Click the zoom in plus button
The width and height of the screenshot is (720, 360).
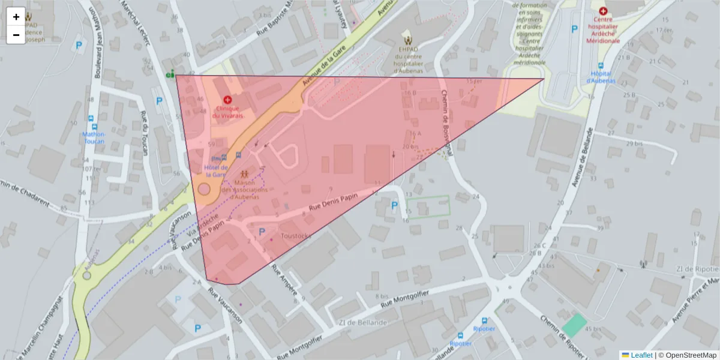[16, 17]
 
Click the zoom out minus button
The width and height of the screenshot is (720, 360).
[16, 35]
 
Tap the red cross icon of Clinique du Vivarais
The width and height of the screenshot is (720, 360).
[227, 100]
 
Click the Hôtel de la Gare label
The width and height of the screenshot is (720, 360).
[216, 170]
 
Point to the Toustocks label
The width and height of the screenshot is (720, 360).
[296, 236]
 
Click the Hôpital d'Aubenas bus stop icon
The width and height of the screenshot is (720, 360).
[601, 67]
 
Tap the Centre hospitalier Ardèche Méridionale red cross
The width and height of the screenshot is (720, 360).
[603, 11]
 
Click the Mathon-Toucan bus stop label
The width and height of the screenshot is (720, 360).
[94, 137]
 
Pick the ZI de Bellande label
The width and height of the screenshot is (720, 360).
[362, 322]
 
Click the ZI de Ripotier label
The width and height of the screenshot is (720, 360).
[696, 268]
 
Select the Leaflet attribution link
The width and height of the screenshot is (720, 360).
[641, 355]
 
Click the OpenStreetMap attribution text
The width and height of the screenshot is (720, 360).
[687, 355]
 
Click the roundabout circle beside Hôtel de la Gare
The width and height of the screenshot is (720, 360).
[204, 189]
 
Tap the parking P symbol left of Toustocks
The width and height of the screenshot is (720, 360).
[262, 231]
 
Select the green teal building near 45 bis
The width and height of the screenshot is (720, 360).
[574, 325]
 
